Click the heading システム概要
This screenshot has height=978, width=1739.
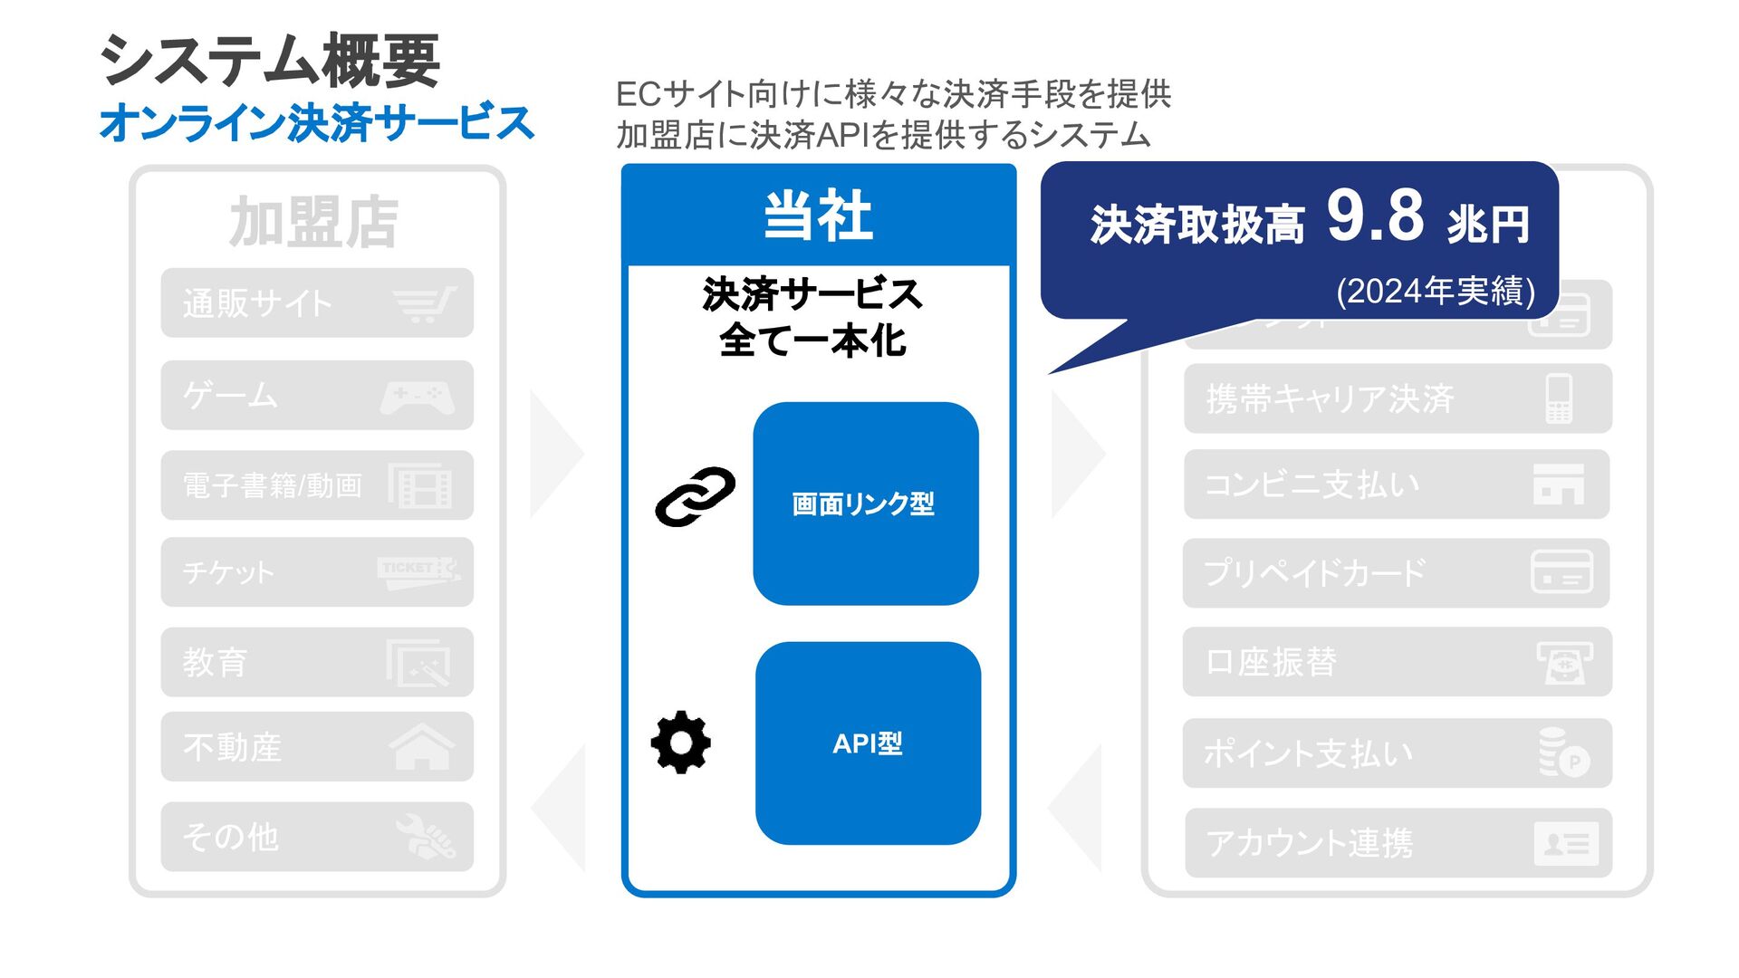pyautogui.click(x=270, y=62)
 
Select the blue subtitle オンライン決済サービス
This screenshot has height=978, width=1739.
pyautogui.click(x=316, y=123)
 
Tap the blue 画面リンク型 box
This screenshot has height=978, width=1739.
pyautogui.click(x=865, y=503)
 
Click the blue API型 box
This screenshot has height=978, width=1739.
pyautogui.click(x=868, y=743)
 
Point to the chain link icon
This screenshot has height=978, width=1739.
pyautogui.click(x=695, y=496)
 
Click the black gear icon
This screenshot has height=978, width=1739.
pyautogui.click(x=681, y=743)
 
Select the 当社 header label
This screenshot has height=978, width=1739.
pyautogui.click(x=818, y=216)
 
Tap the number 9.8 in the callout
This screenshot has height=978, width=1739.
pyautogui.click(x=1375, y=217)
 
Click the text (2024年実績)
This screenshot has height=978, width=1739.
pyautogui.click(x=1436, y=292)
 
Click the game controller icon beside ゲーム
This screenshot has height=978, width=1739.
pyautogui.click(x=418, y=397)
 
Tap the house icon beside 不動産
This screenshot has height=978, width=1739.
pyautogui.click(x=421, y=747)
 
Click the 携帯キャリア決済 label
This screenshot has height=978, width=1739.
pyautogui.click(x=1330, y=398)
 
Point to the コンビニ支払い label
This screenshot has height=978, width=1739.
pyautogui.click(x=1311, y=484)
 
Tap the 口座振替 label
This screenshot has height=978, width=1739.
pyautogui.click(x=1271, y=662)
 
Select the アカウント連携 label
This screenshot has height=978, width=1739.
pyautogui.click(x=1309, y=843)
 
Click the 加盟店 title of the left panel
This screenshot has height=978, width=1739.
pyautogui.click(x=313, y=223)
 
